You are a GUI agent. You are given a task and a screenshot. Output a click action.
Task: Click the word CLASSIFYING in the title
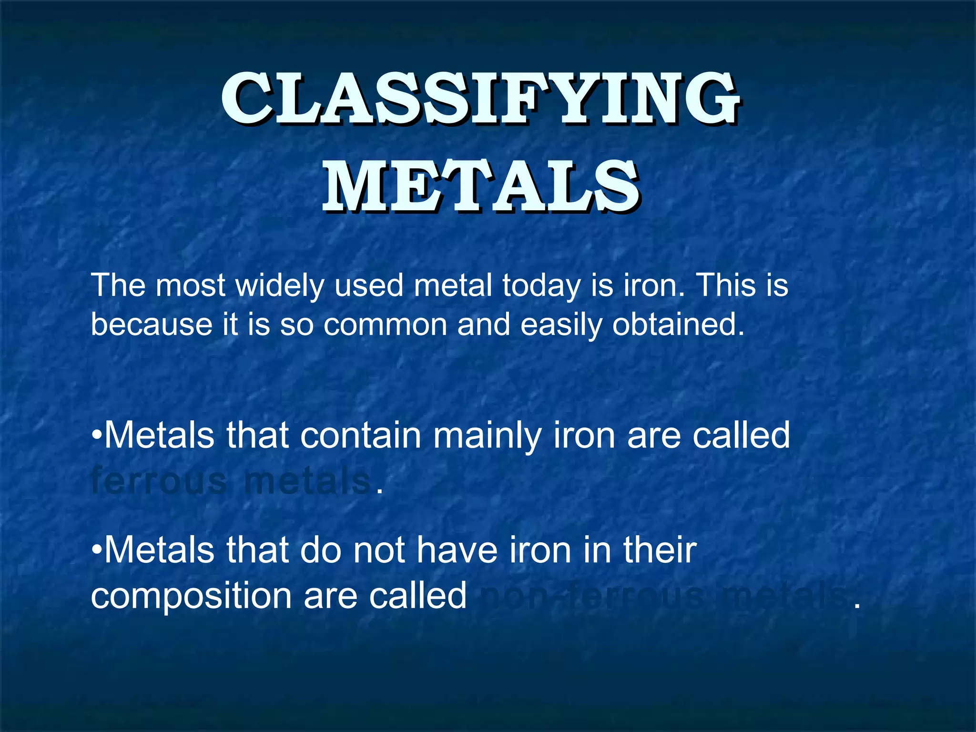coord(480,99)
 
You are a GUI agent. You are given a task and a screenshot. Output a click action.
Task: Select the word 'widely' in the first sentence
coord(280,286)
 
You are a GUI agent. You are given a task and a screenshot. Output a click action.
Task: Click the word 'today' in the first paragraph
coord(541,286)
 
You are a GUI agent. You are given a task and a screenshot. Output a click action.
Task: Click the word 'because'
coord(151,325)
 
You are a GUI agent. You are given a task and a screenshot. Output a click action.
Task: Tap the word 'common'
coord(385,325)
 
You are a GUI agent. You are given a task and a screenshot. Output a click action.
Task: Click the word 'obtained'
coord(678,325)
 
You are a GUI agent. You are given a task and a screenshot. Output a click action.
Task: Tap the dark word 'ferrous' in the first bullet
coord(159,481)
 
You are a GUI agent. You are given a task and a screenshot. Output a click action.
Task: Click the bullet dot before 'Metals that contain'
coord(97,436)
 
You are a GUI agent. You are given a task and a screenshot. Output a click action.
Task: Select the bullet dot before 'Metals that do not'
coord(97,551)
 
